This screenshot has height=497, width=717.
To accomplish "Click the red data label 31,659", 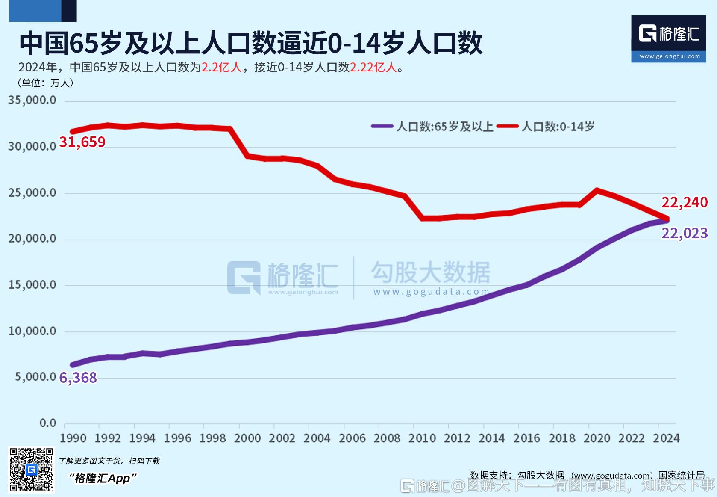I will point(82,142).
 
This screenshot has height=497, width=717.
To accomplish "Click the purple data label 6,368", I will point(78,378).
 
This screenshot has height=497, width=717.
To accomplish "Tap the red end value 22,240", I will point(684,202).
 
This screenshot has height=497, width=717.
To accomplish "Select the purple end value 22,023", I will point(684,233).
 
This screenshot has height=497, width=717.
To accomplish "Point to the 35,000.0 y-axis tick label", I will point(32,101).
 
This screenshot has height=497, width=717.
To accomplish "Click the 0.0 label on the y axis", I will point(47,423).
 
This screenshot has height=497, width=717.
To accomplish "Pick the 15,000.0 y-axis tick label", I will point(32,285).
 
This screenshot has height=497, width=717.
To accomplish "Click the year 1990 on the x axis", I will point(73,438).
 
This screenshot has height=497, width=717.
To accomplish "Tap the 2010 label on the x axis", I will point(422,438).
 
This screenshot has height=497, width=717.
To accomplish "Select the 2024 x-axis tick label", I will point(666,438).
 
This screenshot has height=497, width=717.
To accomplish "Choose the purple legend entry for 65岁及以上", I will point(432,127).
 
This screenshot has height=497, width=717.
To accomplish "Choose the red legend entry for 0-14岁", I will point(546,127).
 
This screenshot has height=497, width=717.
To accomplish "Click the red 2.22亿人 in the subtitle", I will point(373,68).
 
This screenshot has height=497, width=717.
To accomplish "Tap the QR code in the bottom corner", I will point(32,470).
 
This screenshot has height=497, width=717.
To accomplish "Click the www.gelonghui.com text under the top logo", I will point(669,56).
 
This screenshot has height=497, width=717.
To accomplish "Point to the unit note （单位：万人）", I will point(45,83).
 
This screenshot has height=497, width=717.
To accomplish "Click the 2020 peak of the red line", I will point(597,190).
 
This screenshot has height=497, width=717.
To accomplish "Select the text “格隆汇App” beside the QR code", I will point(103,478).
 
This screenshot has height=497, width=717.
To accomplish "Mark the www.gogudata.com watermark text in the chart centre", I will point(431,292).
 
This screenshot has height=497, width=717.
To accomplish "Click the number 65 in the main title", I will point(82,43).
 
